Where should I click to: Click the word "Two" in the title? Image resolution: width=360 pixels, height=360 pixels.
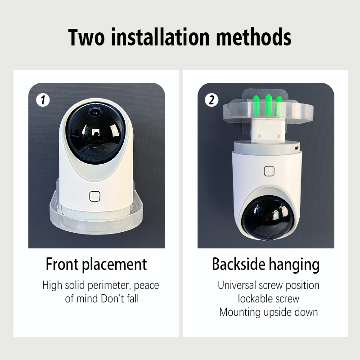(86, 37)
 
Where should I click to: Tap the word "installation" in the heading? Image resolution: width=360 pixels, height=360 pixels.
(160, 37)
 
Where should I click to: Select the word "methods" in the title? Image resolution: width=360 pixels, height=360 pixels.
(254, 37)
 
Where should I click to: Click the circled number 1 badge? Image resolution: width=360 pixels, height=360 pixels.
(43, 100)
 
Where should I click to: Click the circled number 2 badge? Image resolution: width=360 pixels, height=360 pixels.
(211, 100)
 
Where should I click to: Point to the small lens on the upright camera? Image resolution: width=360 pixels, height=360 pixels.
(94, 112)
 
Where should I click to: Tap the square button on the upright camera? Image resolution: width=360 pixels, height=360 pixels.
(94, 196)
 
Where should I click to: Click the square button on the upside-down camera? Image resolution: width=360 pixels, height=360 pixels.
(269, 171)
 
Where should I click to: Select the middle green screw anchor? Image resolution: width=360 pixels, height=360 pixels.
(269, 105)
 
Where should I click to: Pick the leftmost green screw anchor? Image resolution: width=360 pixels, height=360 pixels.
(256, 106)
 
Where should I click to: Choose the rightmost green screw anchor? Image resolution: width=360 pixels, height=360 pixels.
(279, 106)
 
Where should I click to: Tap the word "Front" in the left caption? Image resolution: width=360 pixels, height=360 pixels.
(62, 264)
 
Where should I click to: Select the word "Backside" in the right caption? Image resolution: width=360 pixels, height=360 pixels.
(238, 264)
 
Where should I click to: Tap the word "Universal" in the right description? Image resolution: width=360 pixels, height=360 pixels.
(237, 285)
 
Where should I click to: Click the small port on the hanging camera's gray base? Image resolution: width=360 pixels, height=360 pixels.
(297, 148)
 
